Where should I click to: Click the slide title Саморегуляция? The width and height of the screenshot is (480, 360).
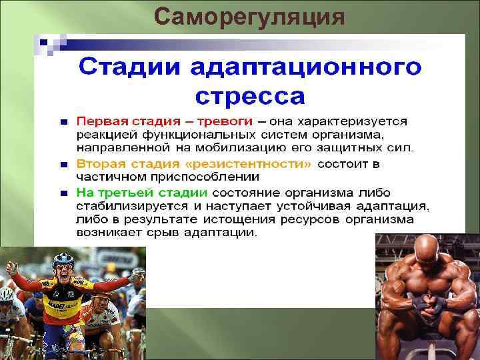(249, 16)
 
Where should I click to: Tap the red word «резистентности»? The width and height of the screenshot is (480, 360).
(260, 163)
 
